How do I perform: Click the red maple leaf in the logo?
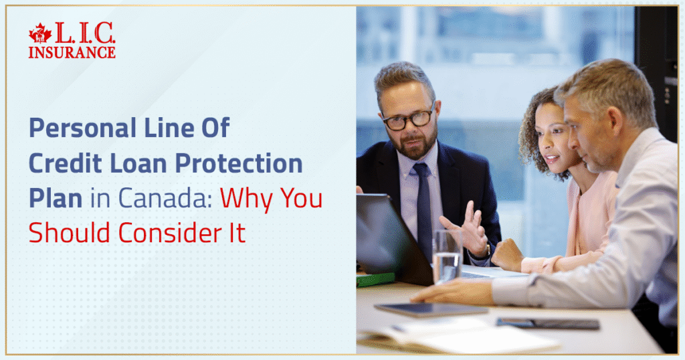coord(40,34)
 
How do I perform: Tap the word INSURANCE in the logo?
coord(72,52)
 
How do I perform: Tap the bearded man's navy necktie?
coord(423,207)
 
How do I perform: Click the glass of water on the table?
coord(446,258)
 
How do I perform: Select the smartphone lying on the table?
coord(548,323)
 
